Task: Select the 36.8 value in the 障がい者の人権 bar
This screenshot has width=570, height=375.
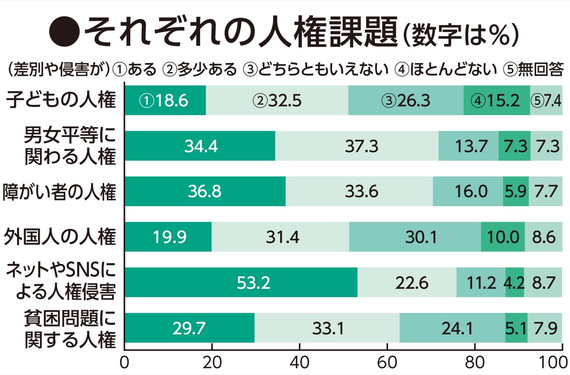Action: pos(205,191)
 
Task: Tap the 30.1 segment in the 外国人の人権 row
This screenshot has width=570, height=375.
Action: pos(415,237)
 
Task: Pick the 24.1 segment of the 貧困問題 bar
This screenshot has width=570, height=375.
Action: pos(452,328)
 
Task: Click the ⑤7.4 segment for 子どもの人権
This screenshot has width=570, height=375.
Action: pos(546,101)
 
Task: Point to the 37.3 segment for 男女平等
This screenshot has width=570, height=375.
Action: pos(356,146)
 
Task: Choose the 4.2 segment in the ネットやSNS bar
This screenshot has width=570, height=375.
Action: pos(514,283)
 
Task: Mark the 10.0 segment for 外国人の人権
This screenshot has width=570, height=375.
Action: pos(503,237)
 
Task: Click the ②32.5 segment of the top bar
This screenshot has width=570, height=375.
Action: pos(277,101)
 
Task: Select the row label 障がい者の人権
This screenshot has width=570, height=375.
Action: pos(59,192)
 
